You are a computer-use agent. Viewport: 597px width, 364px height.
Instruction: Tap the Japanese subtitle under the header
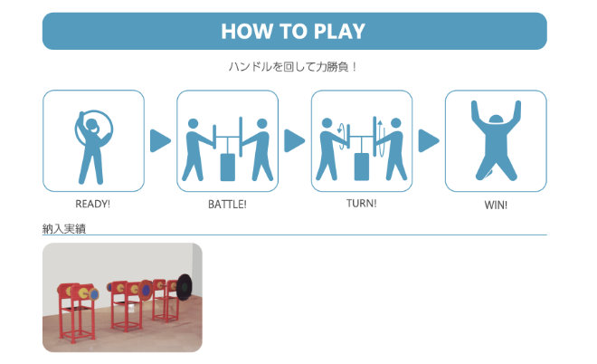[292, 67]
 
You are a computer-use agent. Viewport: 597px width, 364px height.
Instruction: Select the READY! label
[92, 204]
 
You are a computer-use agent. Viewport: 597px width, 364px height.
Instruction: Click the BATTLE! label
[227, 205]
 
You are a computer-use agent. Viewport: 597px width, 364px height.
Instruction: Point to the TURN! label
[361, 203]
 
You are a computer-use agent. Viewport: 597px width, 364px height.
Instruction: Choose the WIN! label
[496, 205]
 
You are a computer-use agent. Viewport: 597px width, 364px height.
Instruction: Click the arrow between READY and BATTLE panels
[160, 140]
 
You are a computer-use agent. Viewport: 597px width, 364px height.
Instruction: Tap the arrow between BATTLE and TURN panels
[294, 140]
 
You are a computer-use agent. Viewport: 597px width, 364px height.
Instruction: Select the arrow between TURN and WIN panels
[429, 140]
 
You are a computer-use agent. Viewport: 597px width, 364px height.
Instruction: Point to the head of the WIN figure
[496, 120]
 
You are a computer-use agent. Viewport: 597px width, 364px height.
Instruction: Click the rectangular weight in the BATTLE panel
[228, 167]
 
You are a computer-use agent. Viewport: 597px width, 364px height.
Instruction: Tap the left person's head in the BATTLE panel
[193, 123]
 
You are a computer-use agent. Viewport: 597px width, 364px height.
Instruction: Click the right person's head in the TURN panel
[396, 123]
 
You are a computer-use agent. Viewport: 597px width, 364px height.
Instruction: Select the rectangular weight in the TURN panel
[362, 167]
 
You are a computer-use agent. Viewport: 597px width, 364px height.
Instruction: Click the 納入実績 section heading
[64, 229]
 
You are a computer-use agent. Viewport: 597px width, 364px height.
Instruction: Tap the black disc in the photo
[185, 287]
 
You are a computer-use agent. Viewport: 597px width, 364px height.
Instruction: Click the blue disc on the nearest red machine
[94, 294]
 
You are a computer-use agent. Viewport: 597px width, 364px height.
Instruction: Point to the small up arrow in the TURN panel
[380, 126]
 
